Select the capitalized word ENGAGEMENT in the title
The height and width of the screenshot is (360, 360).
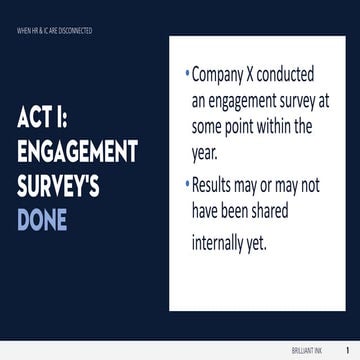pyautogui.click(x=77, y=153)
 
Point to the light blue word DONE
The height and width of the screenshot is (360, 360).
pyautogui.click(x=42, y=219)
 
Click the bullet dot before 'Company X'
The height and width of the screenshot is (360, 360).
pyautogui.click(x=187, y=73)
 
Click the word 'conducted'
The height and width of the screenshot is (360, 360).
pyautogui.click(x=296, y=75)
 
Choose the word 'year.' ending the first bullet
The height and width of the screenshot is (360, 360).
pyautogui.click(x=208, y=154)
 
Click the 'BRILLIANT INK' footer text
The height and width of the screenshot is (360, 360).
pyautogui.click(x=321, y=351)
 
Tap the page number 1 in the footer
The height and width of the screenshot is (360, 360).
pyautogui.click(x=346, y=351)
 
